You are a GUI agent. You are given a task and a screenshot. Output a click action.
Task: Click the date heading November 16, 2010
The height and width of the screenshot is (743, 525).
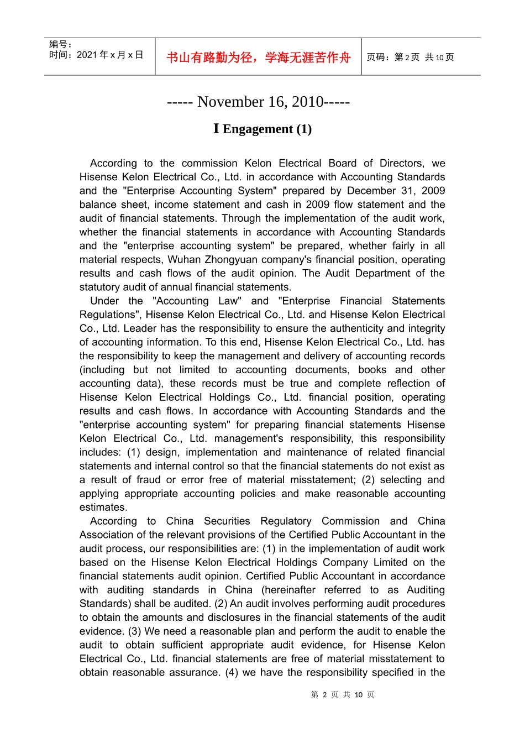259,102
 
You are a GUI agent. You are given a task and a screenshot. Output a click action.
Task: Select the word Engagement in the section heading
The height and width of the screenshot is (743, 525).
258,129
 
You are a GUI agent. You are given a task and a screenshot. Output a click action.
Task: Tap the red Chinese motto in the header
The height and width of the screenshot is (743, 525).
259,57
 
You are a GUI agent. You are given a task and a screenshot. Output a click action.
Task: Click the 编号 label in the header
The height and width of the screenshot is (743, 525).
60,44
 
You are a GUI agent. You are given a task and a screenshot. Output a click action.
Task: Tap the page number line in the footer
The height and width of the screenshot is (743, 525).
342,694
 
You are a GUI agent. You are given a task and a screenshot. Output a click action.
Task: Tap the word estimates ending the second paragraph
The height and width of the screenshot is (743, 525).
103,507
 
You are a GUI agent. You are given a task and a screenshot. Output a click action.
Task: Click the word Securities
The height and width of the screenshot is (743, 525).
227,521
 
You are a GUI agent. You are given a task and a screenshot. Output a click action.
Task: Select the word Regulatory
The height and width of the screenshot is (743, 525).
286,521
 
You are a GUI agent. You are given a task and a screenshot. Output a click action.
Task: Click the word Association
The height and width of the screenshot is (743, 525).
106,535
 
